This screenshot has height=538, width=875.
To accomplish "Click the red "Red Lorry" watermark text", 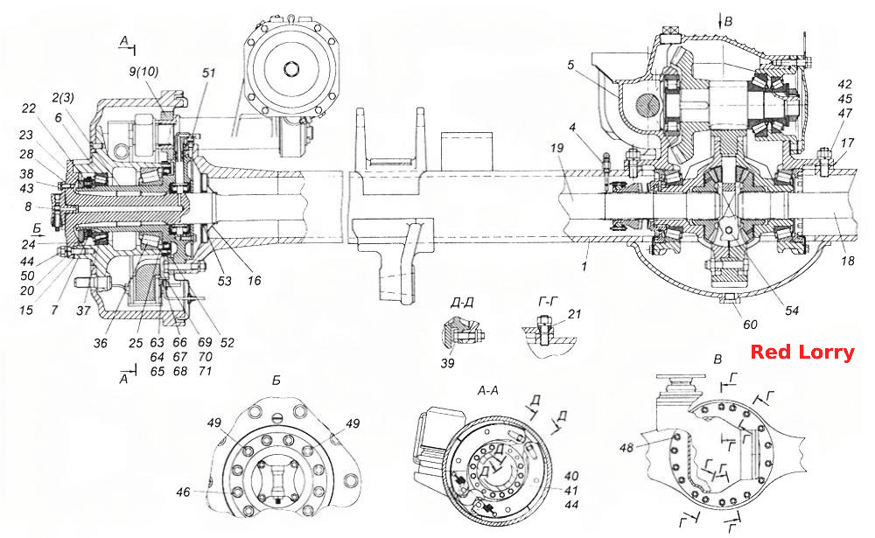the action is (x=801, y=353).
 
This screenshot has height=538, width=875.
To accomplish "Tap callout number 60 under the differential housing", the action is (x=750, y=325).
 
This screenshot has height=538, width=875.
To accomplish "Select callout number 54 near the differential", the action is (x=792, y=311).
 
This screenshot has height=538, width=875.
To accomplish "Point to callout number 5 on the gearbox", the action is (x=570, y=65).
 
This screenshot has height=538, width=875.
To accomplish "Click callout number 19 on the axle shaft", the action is (x=556, y=148).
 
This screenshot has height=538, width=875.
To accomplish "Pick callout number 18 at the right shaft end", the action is (x=848, y=261).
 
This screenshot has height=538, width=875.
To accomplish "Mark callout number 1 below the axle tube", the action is (x=584, y=266).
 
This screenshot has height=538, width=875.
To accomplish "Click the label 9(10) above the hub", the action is (x=144, y=72).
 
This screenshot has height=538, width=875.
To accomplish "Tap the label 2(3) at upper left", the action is (x=63, y=98).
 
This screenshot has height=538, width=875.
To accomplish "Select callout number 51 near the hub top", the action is (x=208, y=73).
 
